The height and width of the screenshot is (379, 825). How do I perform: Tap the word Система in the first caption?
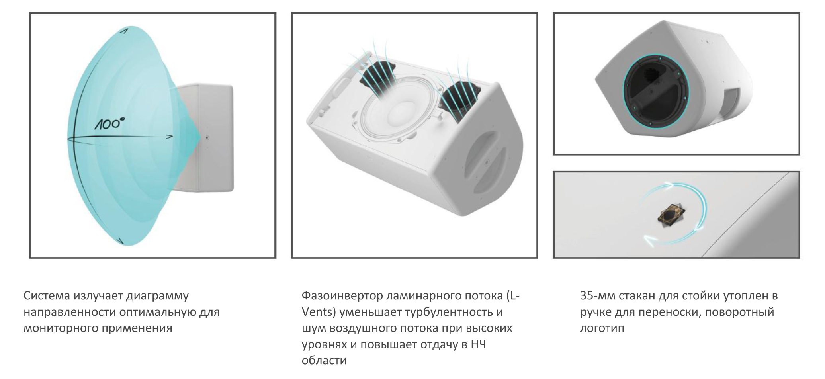point(46,296)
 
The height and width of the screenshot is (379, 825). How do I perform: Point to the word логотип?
point(602,328)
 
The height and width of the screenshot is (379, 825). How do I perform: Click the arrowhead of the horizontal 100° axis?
point(169,137)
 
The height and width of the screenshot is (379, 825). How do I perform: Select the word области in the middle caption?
point(324,361)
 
